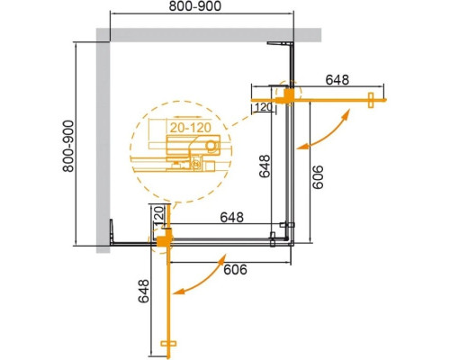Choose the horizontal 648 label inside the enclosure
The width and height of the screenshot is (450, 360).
pyautogui.click(x=231, y=217)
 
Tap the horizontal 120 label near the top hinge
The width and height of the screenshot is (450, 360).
pyautogui.click(x=263, y=108)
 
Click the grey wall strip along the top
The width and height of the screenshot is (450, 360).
pyautogui.click(x=207, y=33)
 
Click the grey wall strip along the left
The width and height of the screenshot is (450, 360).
pyautogui.click(x=103, y=144)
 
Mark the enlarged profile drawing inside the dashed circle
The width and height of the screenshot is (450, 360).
pyautogui.click(x=180, y=153)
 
